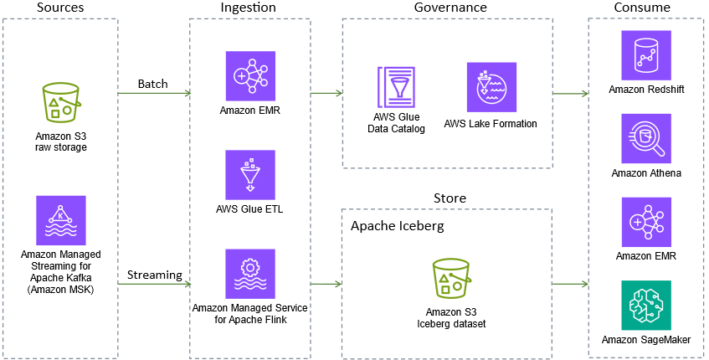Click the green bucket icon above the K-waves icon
click(61, 102)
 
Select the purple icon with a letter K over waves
click(61, 220)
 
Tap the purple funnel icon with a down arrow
click(250, 175)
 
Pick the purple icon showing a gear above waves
click(250, 274)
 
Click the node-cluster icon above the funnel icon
click(250, 76)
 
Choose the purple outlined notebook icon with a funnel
click(396, 87)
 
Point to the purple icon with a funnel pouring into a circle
click(491, 87)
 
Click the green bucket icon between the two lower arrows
click(451, 278)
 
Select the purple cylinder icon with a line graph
click(646, 55)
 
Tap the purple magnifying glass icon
click(646, 138)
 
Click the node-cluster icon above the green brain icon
click(646, 223)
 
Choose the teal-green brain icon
click(646, 306)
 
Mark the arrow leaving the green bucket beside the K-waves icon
click(154, 93)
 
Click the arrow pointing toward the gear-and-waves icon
click(154, 284)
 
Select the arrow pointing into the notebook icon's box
click(326, 93)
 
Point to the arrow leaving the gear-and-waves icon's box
click(326, 284)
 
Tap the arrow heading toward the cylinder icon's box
click(571, 94)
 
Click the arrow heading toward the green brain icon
click(571, 284)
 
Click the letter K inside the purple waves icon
click(61, 215)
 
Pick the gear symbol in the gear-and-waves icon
click(250, 268)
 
